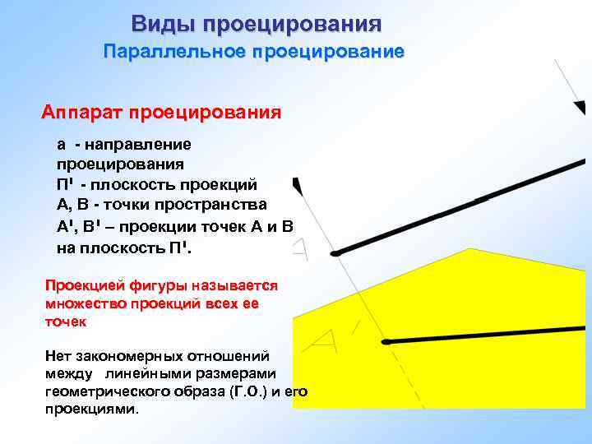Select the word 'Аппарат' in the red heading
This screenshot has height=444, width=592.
point(82,111)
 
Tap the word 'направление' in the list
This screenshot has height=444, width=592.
point(145,145)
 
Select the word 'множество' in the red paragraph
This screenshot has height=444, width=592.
point(84,303)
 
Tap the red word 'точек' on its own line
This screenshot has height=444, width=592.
point(65,321)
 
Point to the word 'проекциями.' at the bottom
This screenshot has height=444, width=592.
point(92,409)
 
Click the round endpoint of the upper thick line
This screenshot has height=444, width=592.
point(335,254)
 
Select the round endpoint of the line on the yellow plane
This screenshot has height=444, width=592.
point(383,341)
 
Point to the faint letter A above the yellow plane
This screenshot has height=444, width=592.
point(302,248)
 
